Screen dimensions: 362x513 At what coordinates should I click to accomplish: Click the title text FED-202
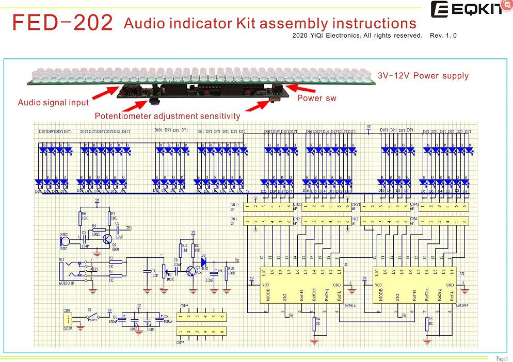pyautogui.click(x=62, y=23)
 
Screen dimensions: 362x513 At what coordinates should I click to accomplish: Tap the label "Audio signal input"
pyautogui.click(x=53, y=103)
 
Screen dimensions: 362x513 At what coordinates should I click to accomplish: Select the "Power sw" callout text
pyautogui.click(x=316, y=98)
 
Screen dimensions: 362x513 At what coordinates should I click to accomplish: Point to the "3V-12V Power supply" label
pyautogui.click(x=423, y=76)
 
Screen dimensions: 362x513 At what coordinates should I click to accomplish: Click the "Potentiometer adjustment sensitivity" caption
pyautogui.click(x=167, y=116)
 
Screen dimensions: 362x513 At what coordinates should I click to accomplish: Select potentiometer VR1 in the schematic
pyautogui.click(x=164, y=270)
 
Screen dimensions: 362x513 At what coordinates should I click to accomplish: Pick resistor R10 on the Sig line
pyautogui.click(x=226, y=271)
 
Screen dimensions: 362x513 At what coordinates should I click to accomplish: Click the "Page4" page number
pyautogui.click(x=502, y=358)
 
